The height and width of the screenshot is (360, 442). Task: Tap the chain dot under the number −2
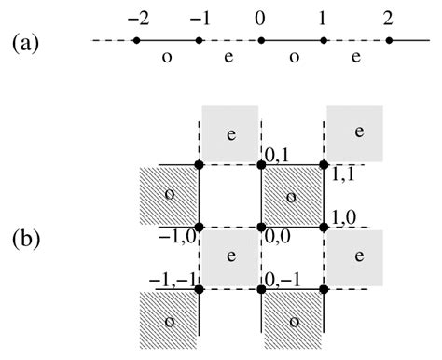136,41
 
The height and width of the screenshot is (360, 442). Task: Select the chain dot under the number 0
261,41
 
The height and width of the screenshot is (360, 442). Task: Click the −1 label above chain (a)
197,19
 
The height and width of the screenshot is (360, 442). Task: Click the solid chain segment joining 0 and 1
292,41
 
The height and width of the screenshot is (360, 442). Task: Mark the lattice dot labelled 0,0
262,227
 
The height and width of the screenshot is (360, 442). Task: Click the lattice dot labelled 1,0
324,227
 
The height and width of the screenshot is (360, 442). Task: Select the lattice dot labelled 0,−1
262,289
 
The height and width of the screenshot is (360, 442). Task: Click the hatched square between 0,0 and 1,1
293,196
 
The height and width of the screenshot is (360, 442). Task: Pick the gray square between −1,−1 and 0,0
230,258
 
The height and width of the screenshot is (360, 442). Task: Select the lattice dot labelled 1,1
324,165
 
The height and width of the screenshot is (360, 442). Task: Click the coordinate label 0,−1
282,279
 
